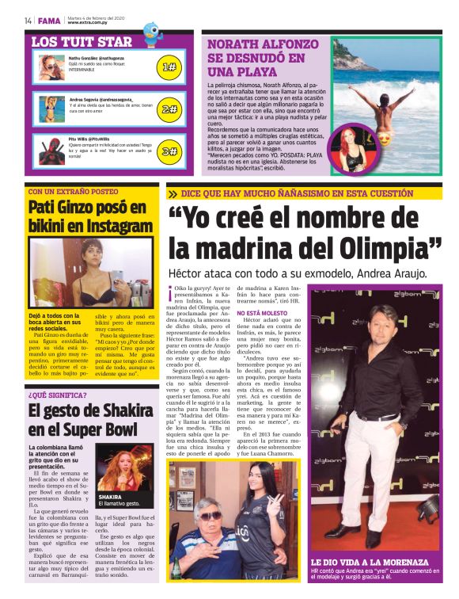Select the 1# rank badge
pos(169,67)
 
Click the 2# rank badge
pos(169,109)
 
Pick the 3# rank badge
pos(169,151)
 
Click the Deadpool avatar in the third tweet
pos(52,150)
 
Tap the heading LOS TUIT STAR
pos(82,40)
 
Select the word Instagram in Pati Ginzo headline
pos(108,226)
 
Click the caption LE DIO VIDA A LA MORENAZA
pos(370,562)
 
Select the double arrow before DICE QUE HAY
pos(173,193)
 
